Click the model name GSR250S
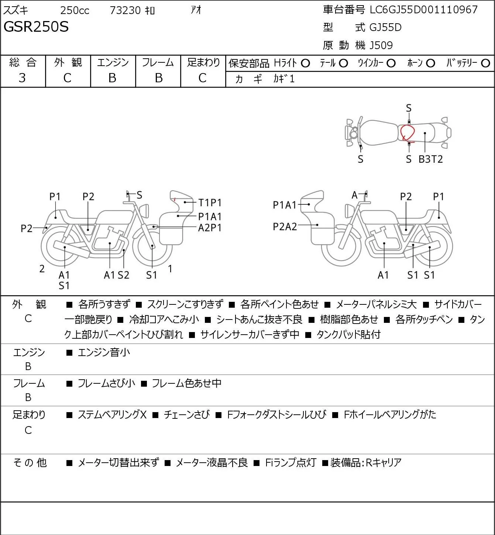[36, 27]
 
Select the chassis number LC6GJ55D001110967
[423, 10]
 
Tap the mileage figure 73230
[125, 10]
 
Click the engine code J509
[381, 45]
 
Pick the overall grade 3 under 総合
[22, 78]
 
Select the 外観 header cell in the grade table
[68, 62]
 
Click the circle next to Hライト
[305, 63]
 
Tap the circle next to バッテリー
[485, 63]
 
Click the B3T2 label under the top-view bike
[430, 159]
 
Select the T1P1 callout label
[210, 203]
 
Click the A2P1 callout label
[210, 228]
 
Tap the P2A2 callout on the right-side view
[285, 227]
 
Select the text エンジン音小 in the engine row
[104, 352]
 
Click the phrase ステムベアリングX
[112, 415]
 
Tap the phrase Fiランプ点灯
[291, 463]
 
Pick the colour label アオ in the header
[196, 10]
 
